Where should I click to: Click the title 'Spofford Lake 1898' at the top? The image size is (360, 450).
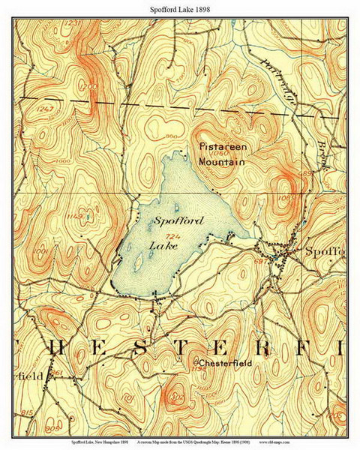(179, 7)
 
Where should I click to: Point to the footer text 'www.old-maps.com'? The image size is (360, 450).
(320, 444)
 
